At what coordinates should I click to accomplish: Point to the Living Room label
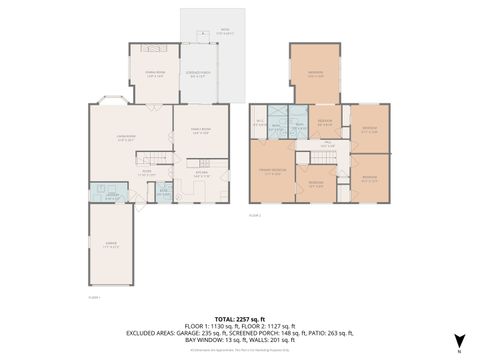point(127,139)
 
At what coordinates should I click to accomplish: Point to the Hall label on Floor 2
point(326,145)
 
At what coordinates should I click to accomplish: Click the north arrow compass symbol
point(459,343)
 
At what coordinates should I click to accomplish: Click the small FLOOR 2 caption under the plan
point(255,215)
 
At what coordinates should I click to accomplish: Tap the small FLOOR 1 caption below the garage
point(96,297)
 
